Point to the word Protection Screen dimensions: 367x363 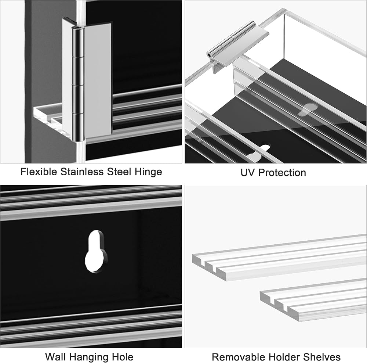pyautogui.click(x=282, y=172)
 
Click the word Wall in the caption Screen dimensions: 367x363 pyautogui.click(x=55, y=357)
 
